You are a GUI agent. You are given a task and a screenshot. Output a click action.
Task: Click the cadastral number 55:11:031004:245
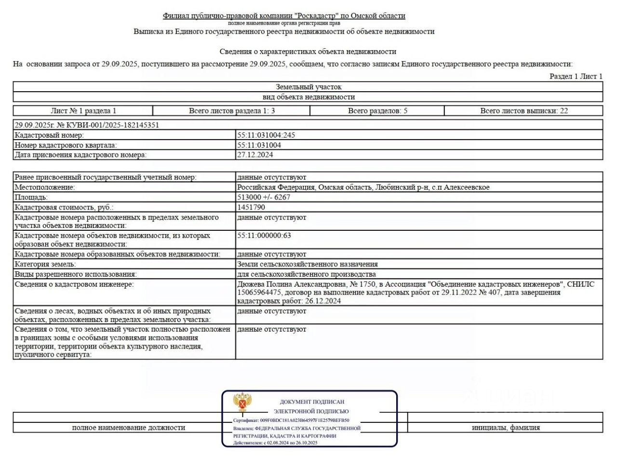[x=266, y=135]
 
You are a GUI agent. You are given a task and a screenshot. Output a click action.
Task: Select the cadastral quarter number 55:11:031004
[x=259, y=145]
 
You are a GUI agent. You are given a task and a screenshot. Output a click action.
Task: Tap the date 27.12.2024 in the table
[x=255, y=155]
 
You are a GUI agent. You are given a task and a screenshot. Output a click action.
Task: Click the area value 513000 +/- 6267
[x=264, y=197]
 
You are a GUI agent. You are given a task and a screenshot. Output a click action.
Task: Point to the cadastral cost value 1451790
[x=251, y=207]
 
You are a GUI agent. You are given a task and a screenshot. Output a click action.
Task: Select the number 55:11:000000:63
[x=264, y=236]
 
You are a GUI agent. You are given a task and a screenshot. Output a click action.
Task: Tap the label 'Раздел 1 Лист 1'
[x=576, y=76]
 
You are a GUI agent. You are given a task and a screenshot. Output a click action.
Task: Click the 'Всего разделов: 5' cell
[x=377, y=111]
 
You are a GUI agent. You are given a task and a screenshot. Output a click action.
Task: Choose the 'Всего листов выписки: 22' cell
[x=523, y=111]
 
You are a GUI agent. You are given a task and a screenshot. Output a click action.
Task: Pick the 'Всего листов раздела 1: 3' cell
[x=232, y=111]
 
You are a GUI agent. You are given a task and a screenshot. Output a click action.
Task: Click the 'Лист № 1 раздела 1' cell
[x=83, y=111]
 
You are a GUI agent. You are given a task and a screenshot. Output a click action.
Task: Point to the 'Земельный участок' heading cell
[x=308, y=87]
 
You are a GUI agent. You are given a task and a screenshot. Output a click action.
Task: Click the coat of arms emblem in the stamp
[x=242, y=402]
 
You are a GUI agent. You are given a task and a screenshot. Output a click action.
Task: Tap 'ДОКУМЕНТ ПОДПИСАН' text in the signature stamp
[x=312, y=402]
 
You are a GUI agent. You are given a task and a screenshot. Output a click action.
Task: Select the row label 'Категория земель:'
[x=45, y=264]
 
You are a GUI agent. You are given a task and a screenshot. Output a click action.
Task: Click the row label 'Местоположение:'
[x=45, y=187]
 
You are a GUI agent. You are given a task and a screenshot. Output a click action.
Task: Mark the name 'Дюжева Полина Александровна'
[x=291, y=284]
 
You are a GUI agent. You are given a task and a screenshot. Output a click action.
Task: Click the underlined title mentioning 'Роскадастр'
[x=284, y=16]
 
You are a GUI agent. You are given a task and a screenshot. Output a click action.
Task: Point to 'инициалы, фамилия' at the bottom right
[x=506, y=427]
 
